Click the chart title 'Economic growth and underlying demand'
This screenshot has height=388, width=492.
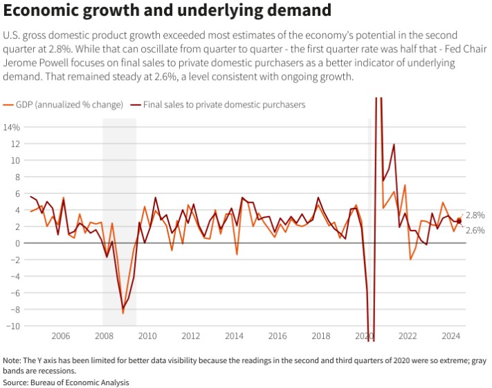tap(167, 12)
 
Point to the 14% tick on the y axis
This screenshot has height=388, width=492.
tap(12, 127)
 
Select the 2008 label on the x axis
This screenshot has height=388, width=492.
tap(104, 336)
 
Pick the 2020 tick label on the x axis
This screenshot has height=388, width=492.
tap(364, 336)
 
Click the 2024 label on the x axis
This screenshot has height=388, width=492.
tap(450, 336)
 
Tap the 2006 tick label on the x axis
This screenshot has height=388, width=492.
tap(60, 336)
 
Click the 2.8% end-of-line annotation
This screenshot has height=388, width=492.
tap(475, 215)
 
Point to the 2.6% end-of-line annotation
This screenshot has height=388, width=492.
tap(475, 230)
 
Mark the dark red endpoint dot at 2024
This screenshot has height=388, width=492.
tap(459, 221)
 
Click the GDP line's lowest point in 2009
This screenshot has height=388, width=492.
tap(123, 313)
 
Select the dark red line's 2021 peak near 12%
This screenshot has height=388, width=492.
tap(394, 145)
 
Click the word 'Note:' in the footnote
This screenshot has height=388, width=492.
tap(12, 361)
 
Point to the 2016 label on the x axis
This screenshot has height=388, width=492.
tap(277, 336)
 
